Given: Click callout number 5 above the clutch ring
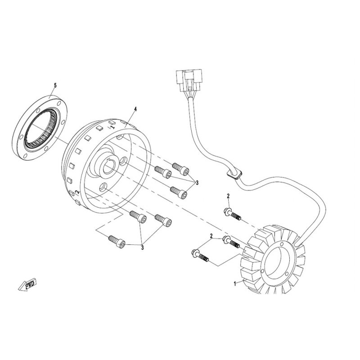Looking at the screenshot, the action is click(x=55, y=85).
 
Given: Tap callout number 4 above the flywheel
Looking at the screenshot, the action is click(x=135, y=109).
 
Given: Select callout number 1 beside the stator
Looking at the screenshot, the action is click(x=235, y=284).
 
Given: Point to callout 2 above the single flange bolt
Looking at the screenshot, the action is click(x=228, y=196).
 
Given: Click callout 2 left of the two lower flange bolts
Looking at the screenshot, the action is click(x=211, y=236).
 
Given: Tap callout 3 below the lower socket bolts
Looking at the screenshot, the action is click(x=142, y=248).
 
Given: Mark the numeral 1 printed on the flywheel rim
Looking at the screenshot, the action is click(x=112, y=127).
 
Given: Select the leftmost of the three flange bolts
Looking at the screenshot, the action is click(x=200, y=255).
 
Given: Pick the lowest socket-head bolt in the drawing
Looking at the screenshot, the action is click(x=117, y=242).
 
